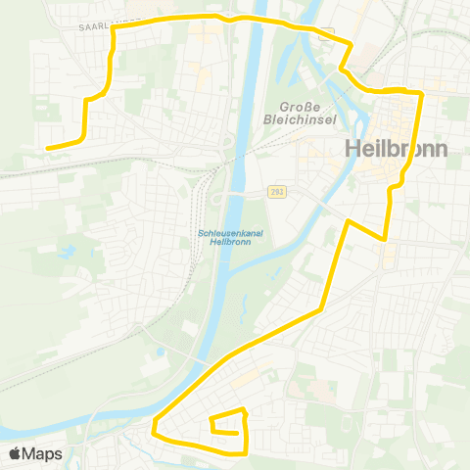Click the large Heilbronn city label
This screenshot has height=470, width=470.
click(396, 150)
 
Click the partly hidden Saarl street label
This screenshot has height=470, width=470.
click(98, 27)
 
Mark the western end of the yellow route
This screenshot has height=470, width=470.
click(47, 148)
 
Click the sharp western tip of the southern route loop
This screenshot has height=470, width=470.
click(154, 428)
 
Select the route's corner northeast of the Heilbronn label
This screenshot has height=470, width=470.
click(421, 93)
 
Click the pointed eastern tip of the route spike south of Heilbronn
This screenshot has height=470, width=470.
click(385, 238)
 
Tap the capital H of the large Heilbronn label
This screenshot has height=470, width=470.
click(353, 150)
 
